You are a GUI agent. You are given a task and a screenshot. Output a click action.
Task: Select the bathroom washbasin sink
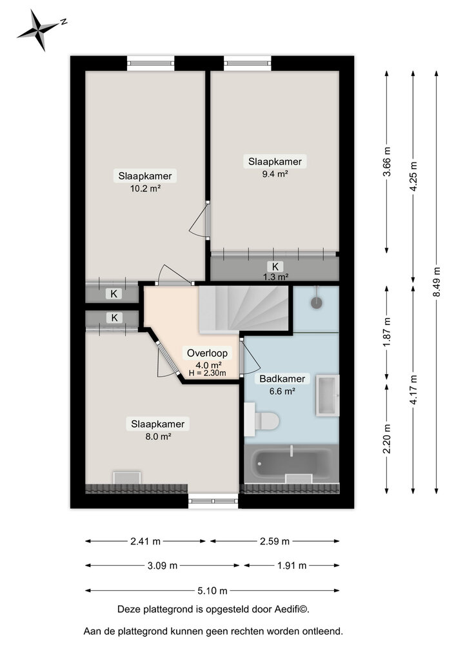point(327,394)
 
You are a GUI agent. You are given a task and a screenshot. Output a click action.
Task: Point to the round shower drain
point(317,303)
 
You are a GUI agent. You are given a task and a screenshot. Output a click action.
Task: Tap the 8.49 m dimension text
point(437,282)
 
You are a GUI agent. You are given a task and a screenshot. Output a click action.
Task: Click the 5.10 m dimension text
point(212,590)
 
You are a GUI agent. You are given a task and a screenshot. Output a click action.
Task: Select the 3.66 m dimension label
point(386,170)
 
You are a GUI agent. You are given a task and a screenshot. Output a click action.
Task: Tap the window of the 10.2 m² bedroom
point(151,63)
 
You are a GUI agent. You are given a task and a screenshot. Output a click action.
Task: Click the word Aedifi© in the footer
point(295,609)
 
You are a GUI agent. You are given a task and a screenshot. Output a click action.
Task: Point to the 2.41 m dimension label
point(144,541)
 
